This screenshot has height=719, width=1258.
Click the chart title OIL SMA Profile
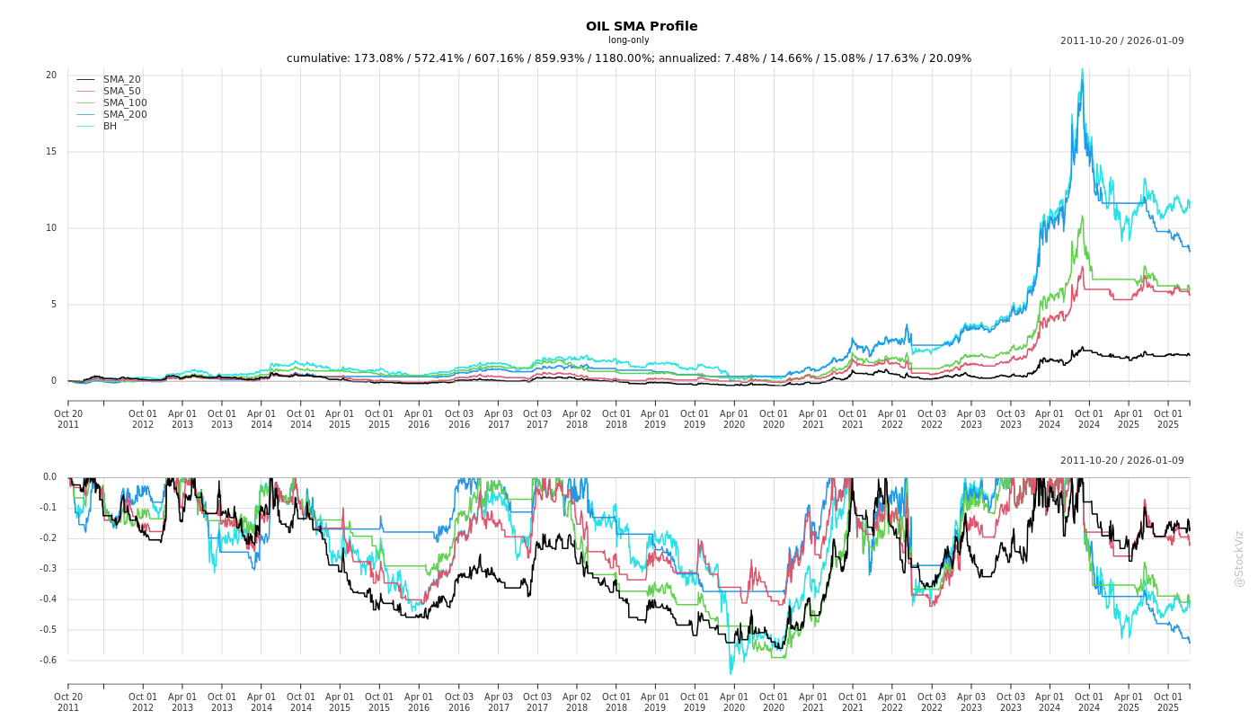point(641,26)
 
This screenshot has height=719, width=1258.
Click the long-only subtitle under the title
point(628,40)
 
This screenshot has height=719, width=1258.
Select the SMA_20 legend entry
point(121,80)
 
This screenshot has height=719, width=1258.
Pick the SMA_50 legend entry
point(121,92)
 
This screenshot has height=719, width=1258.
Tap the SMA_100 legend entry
point(124,103)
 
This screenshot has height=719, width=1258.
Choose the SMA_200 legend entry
point(124,115)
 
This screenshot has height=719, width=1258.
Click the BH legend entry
point(110,127)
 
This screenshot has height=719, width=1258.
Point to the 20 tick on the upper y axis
point(51,75)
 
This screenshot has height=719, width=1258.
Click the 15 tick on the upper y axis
point(51,152)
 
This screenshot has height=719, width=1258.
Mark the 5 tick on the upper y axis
point(54,305)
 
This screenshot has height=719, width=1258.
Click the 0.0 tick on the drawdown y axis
point(49,477)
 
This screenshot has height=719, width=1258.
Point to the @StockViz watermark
point(1239,558)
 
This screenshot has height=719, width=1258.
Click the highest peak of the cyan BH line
point(1082,69)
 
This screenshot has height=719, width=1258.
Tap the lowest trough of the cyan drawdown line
point(731,673)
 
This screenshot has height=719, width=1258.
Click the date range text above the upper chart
point(1121,40)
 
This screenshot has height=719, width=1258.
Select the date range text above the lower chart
point(1121,461)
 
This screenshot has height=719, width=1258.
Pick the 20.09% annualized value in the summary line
point(951,58)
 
